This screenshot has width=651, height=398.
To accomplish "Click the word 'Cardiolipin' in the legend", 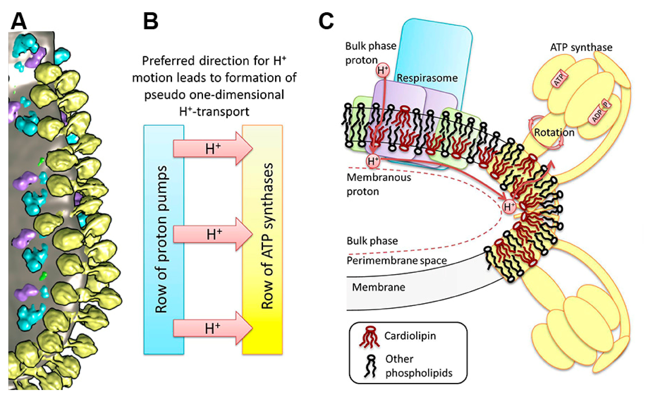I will coord(410,336).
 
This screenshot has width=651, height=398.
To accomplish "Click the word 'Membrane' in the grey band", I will coord(378,287).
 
